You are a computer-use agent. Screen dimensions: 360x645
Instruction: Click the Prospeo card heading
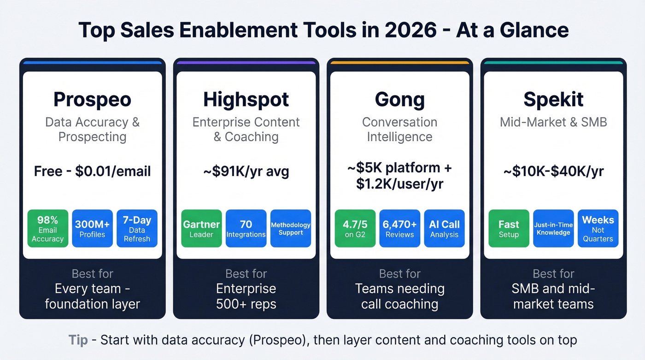click(92, 100)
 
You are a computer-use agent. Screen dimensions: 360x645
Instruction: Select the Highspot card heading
click(246, 100)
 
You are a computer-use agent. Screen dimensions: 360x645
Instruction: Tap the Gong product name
click(399, 100)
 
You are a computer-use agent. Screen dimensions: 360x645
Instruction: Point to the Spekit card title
click(553, 100)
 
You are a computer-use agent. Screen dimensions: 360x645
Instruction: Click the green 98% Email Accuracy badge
click(48, 229)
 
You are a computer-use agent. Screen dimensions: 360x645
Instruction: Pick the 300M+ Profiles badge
click(92, 229)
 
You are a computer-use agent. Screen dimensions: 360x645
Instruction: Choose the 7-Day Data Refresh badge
click(137, 229)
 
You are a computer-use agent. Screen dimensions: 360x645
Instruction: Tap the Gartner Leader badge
click(201, 229)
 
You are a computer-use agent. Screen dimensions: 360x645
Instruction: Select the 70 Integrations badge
click(246, 229)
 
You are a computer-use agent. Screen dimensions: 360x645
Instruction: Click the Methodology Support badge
click(291, 229)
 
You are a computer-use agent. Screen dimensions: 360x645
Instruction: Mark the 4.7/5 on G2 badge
click(355, 229)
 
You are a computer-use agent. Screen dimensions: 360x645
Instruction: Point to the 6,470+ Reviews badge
click(399, 229)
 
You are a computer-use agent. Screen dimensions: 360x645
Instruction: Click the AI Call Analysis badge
click(444, 229)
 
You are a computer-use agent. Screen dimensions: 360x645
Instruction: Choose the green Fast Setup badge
click(509, 229)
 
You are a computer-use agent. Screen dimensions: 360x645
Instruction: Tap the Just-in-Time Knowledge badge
click(553, 229)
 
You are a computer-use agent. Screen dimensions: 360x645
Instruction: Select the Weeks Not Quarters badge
click(598, 229)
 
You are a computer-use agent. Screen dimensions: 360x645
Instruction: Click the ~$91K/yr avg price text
click(246, 172)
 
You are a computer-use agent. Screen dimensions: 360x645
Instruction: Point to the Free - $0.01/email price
click(92, 172)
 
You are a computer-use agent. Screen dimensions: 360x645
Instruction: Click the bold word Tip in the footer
click(78, 340)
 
